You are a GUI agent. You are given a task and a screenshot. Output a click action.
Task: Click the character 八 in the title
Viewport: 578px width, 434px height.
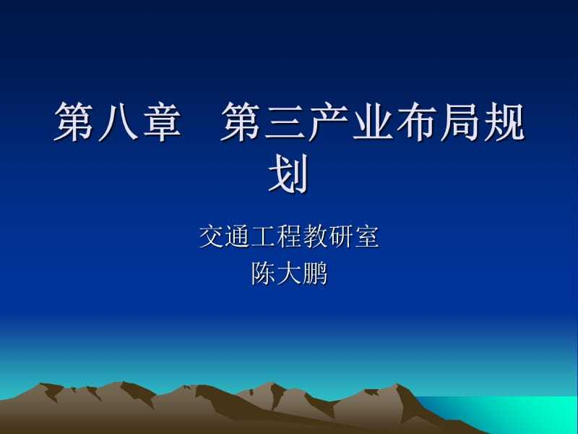coord(118,122)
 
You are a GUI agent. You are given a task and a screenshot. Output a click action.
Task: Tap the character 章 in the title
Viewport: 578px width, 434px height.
coord(162,122)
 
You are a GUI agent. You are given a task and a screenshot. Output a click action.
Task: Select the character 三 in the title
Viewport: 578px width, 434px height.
coord(284,122)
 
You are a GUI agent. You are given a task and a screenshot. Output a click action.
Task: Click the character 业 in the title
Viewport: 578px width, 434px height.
coord(373,122)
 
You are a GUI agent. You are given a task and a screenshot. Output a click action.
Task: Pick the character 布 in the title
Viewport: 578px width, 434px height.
coord(417,122)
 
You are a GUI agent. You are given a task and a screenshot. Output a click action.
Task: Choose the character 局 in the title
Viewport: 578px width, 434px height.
coord(461,122)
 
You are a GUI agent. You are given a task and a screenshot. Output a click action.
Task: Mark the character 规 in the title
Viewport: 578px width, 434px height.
coord(504,122)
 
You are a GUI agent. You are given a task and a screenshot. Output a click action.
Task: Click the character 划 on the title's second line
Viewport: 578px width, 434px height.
coord(288,174)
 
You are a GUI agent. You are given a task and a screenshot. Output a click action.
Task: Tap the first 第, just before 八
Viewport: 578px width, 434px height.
coord(74,122)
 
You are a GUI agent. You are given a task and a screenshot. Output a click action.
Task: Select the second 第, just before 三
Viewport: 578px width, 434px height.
coord(241,122)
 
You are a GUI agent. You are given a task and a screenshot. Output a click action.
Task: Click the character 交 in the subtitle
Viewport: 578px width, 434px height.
coord(212,237)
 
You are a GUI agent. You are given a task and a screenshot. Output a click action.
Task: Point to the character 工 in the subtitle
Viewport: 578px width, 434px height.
coord(263,237)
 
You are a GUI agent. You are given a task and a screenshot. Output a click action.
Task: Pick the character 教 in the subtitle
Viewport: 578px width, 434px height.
coord(315,237)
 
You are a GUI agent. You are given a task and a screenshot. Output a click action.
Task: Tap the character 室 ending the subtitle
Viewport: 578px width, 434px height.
coord(367,237)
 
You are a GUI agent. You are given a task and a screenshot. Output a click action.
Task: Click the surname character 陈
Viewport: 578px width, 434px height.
coord(263,273)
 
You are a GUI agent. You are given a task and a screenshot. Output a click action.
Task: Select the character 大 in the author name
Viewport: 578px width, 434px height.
coord(289,273)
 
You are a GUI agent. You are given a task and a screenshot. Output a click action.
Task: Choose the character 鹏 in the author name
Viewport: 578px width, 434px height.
coord(315,273)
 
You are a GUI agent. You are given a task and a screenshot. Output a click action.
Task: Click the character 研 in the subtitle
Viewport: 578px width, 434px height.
coord(341,237)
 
